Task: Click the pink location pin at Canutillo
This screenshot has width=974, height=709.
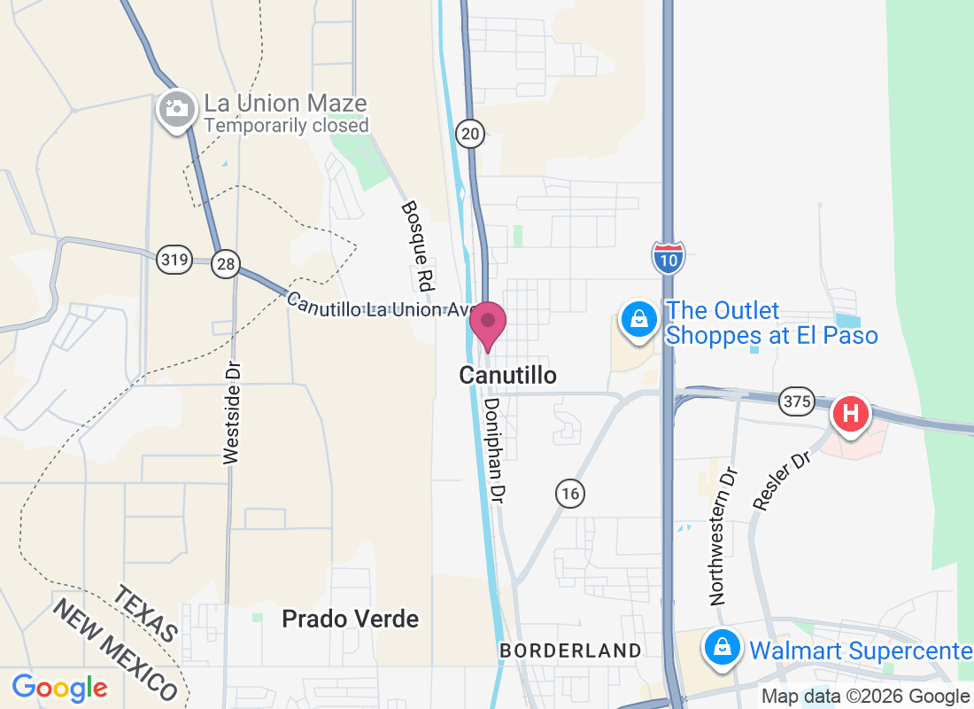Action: [x=487, y=323]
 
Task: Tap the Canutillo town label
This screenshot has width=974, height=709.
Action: [x=507, y=376]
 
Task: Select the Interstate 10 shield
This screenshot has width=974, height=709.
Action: [x=668, y=257]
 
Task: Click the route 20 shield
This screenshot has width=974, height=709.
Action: [x=470, y=134]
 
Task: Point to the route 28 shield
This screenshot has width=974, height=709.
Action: [x=225, y=262]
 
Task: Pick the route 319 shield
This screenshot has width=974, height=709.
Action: [x=174, y=260]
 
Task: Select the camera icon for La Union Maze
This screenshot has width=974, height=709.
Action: [x=177, y=110]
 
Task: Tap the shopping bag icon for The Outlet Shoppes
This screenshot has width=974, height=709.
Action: [x=640, y=319]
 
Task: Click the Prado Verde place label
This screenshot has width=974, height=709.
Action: [x=350, y=619]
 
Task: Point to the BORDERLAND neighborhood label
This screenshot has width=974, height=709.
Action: [x=570, y=651]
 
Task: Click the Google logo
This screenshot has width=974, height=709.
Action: [x=59, y=688]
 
